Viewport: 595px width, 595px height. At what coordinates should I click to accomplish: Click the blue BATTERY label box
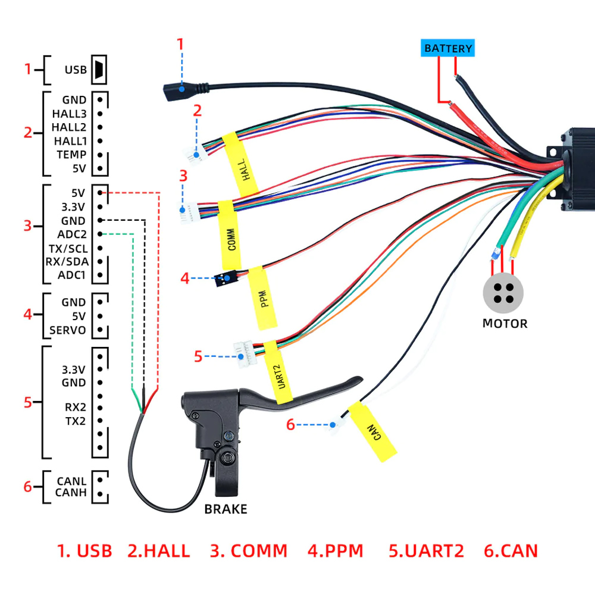pos(448,48)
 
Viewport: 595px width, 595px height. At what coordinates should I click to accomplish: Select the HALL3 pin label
pos(70,113)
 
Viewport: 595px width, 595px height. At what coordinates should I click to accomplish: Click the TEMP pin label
pos(71,155)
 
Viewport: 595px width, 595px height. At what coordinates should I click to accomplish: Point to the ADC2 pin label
pos(72,234)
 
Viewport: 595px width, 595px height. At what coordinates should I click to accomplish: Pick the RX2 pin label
pos(75,408)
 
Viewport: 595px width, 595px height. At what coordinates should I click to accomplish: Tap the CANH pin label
pos(71,493)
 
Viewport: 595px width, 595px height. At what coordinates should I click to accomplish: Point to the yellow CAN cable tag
pos(372,431)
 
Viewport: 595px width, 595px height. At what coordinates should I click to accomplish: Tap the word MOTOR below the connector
pos(505,324)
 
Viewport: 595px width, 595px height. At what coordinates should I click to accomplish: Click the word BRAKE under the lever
pos(226,509)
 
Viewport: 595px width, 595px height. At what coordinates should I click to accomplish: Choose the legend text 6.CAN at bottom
pos(511,551)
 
